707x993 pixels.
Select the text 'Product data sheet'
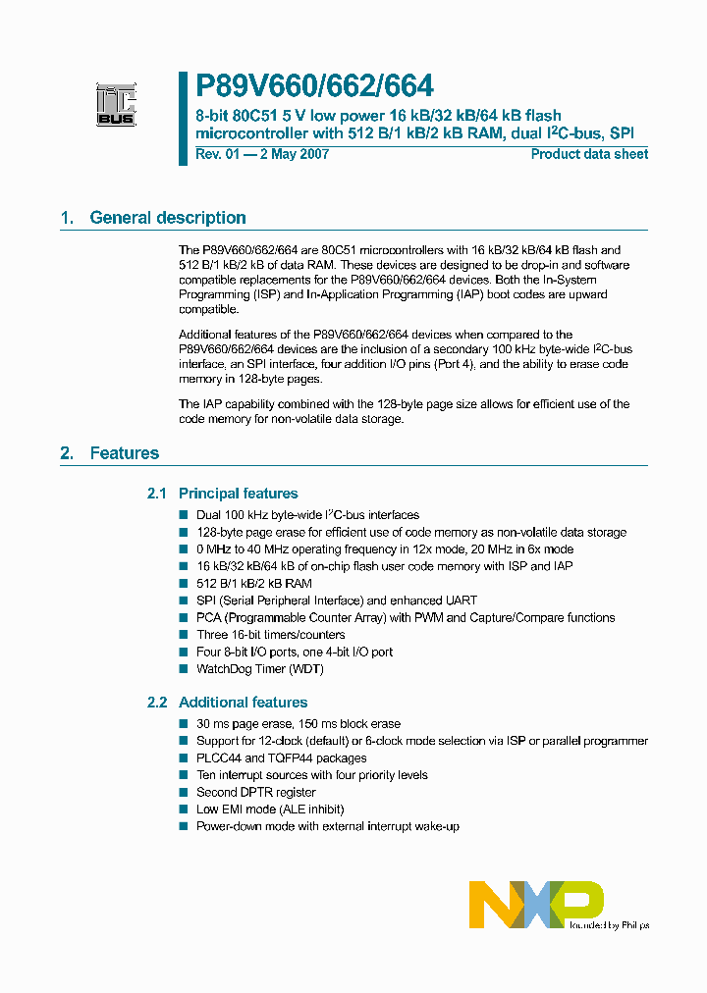coord(589,154)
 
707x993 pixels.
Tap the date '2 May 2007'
coord(292,154)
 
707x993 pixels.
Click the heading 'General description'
coord(168,218)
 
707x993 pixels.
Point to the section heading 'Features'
coord(124,453)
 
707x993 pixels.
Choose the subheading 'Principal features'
coord(238,494)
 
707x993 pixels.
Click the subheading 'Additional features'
coord(243,703)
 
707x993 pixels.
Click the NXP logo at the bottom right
coord(536,904)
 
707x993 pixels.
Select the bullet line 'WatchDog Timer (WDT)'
coord(259,669)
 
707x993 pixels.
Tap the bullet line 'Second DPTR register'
coord(255,792)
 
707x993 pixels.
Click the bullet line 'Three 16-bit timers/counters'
coord(271,635)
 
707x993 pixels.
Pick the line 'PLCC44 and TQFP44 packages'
coord(281,758)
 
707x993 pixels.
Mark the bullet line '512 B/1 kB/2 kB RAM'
coord(253,584)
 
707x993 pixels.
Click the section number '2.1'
coord(157,494)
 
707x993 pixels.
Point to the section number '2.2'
coord(157,703)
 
